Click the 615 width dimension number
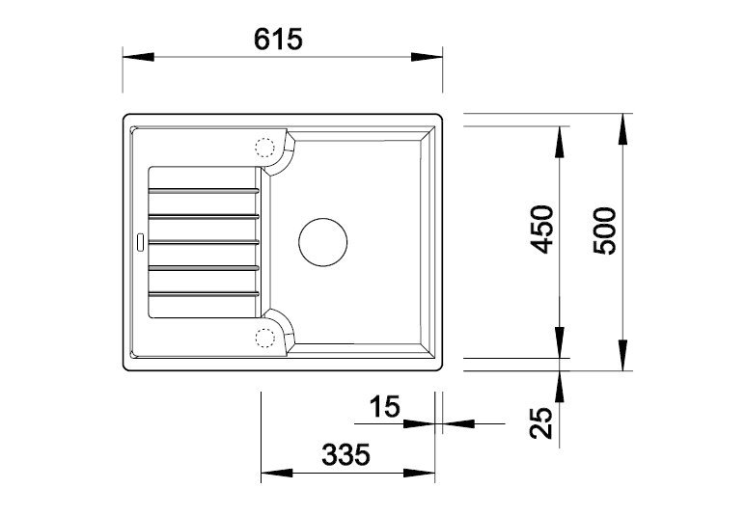[x=278, y=39]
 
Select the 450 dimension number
[x=542, y=230]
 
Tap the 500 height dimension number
[x=605, y=231]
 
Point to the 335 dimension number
[x=345, y=454]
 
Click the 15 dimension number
[x=385, y=407]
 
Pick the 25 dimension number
[x=541, y=422]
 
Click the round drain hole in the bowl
[x=323, y=242]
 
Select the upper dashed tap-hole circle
[x=265, y=148]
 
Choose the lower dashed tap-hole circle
[x=265, y=338]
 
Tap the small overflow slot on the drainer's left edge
[x=140, y=242]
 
